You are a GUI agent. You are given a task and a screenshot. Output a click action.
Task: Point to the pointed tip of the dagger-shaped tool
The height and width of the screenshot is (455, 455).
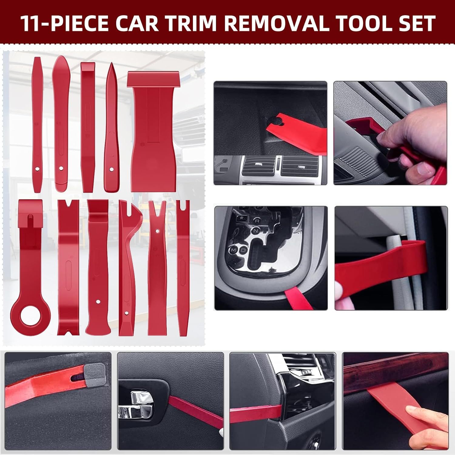pyautogui.click(x=112, y=65)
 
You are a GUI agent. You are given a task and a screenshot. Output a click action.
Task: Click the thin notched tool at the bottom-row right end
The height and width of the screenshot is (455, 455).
pyautogui.click(x=183, y=267)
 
